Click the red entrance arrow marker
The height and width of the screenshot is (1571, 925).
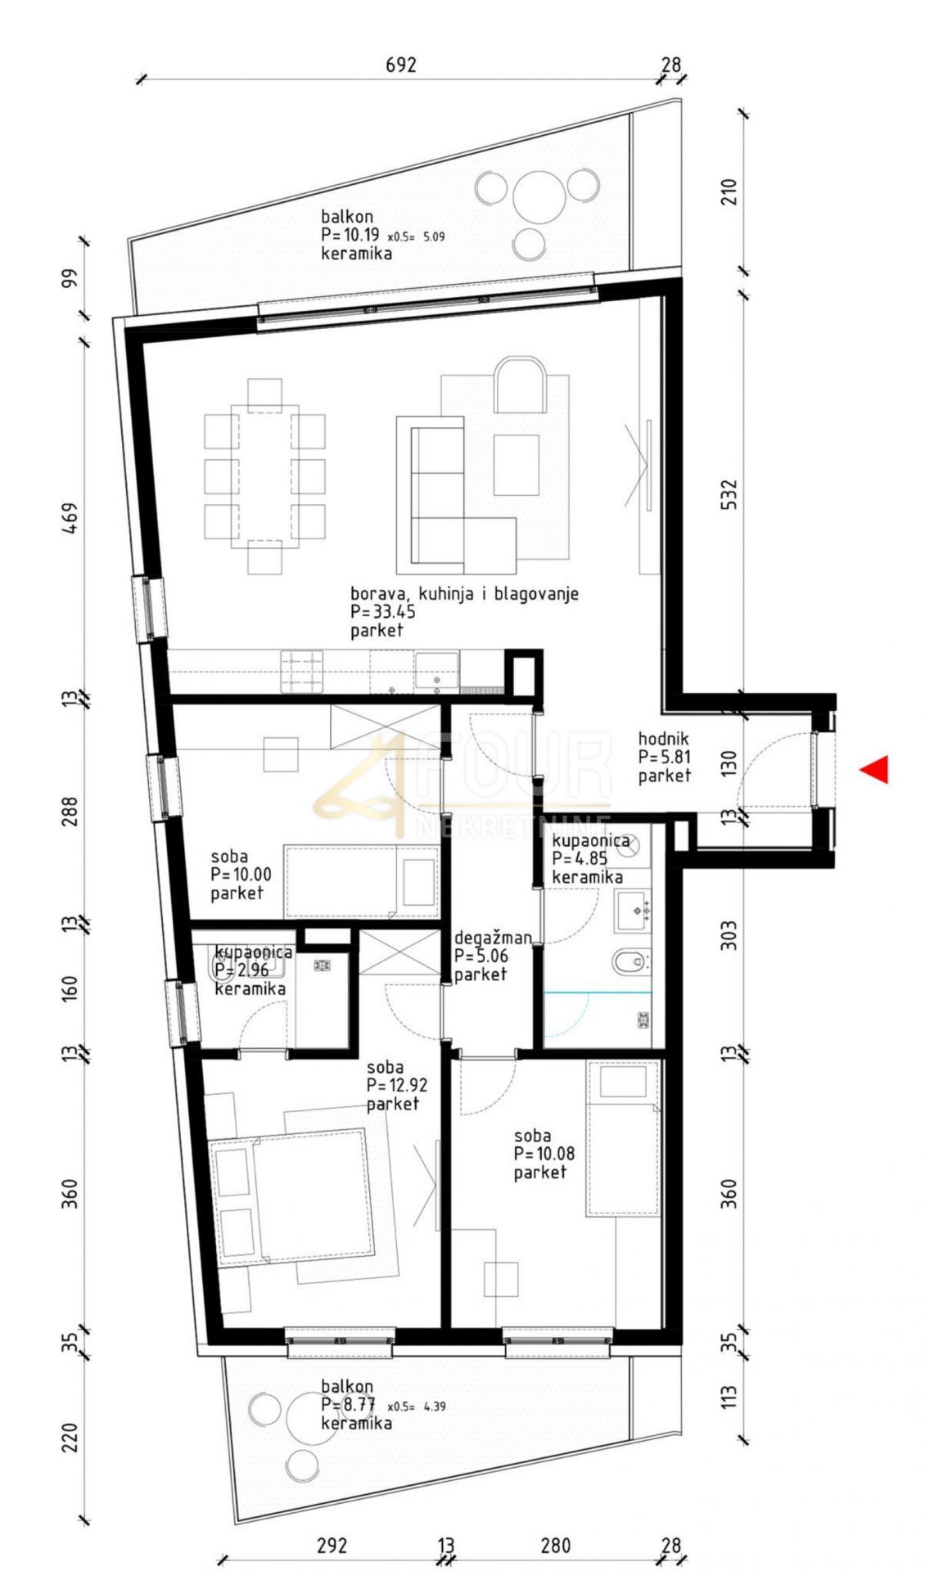point(875,769)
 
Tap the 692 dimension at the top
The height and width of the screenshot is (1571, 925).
point(401,65)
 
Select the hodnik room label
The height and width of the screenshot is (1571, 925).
point(663,739)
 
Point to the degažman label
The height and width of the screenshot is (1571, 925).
point(493,938)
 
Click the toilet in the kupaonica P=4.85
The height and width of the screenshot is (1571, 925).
point(631,961)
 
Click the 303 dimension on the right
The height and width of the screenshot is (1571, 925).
point(729,935)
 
